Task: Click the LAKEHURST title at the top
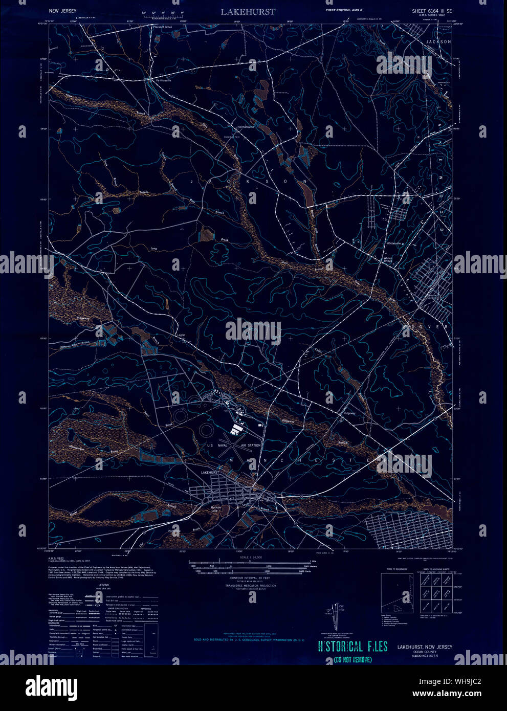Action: [x=248, y=11]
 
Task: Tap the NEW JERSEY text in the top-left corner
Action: [x=63, y=11]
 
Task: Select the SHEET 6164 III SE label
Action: [x=432, y=11]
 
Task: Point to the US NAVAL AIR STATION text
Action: [x=234, y=446]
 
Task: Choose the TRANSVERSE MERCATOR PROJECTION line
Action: [x=250, y=586]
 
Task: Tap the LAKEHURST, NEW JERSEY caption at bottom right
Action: [x=424, y=647]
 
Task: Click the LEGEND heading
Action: [x=104, y=585]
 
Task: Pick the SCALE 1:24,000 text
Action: [x=250, y=557]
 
